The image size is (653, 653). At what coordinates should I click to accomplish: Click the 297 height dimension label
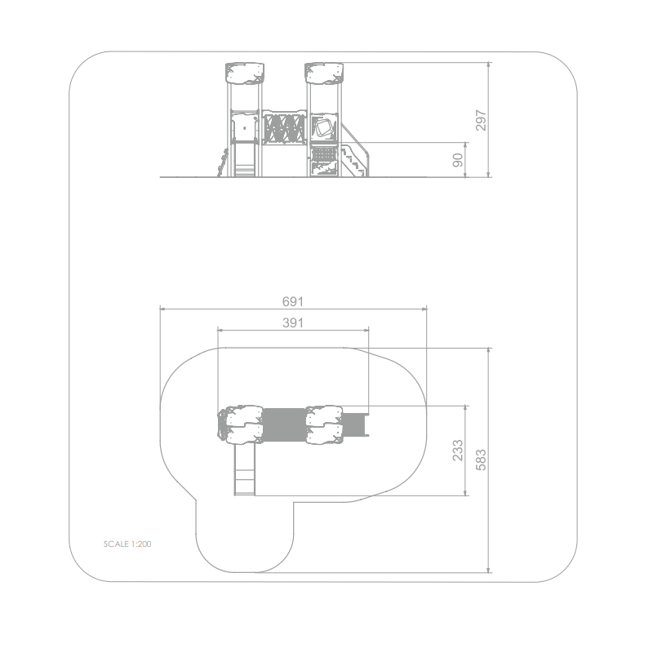pos(481,120)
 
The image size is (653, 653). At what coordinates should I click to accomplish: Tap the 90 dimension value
pos(458,160)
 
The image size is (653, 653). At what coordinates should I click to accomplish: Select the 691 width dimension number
pos(293,301)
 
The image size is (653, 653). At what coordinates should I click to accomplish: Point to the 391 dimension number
pos(293,322)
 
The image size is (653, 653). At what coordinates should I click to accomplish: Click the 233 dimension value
pos(457,451)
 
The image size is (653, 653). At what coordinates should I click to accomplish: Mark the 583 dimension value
pos(481,460)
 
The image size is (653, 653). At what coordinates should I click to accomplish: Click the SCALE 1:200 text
pos(127,544)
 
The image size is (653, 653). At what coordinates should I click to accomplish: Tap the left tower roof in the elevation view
pos(244,73)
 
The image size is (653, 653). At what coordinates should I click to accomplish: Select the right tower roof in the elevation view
pos(324,73)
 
